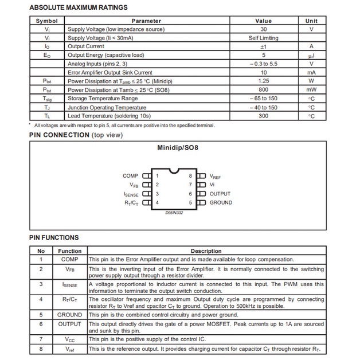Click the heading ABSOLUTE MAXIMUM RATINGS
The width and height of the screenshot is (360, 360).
[x=78, y=7]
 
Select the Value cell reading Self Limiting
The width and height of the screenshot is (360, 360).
[x=263, y=38]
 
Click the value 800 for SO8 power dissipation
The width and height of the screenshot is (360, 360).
[x=263, y=90]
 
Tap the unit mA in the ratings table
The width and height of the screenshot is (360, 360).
[x=311, y=73]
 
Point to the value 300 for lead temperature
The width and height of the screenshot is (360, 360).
[x=263, y=116]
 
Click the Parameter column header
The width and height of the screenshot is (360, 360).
[x=146, y=21]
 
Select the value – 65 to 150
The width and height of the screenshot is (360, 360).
[x=263, y=99]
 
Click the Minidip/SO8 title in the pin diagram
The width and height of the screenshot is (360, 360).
[x=178, y=147]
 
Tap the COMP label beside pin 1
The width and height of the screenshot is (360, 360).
[x=130, y=176]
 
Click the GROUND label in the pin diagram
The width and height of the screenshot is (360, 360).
[x=221, y=202]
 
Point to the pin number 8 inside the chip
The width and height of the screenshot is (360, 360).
[x=190, y=176]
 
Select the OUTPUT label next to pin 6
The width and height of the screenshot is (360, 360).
[x=220, y=194]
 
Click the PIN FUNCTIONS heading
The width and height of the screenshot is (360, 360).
[x=54, y=237]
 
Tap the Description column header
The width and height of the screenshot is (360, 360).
[x=206, y=251]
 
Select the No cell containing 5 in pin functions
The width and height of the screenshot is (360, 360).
[x=41, y=315]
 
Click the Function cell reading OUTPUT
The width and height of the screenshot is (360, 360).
[x=70, y=324]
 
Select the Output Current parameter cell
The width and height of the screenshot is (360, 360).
[x=86, y=46]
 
